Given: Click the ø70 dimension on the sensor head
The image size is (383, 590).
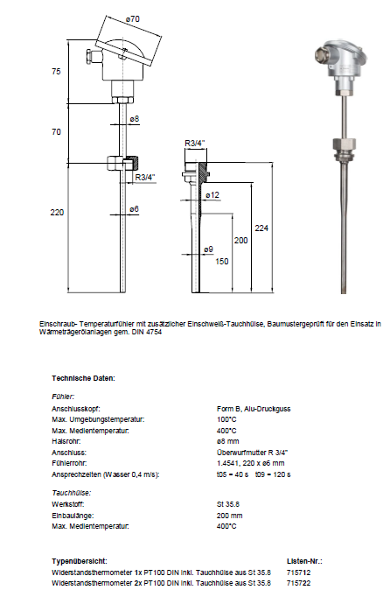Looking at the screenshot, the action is [133, 18].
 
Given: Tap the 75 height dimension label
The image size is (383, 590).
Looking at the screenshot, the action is [56, 72].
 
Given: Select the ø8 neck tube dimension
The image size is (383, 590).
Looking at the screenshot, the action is [135, 119].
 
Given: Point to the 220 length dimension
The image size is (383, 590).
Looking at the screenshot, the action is [57, 212].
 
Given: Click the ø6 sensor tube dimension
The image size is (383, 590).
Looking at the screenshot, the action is [134, 209].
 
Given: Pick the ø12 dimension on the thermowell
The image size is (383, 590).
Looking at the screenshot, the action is [212, 195].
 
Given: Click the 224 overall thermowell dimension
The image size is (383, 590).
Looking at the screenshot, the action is [261, 228].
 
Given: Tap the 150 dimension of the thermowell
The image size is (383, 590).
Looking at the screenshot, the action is [222, 261].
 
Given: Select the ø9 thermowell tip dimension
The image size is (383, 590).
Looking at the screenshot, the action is [208, 249].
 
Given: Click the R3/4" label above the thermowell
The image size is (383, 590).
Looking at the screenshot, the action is [195, 144].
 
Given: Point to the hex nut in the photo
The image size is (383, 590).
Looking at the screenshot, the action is [344, 144].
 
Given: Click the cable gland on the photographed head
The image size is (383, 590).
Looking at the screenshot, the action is [321, 56].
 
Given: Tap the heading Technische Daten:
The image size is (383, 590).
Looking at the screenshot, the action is [83, 378].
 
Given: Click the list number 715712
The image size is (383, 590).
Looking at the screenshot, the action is [299, 572].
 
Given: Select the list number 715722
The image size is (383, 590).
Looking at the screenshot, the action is [299, 583].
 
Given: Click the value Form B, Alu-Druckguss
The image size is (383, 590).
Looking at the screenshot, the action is [254, 409].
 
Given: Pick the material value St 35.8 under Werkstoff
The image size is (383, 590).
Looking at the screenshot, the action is [228, 504].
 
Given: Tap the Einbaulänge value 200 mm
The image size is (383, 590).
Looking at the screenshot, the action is [230, 516].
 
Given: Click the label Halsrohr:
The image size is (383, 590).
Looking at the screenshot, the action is [66, 441].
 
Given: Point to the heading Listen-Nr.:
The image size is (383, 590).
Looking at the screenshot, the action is [304, 561].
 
